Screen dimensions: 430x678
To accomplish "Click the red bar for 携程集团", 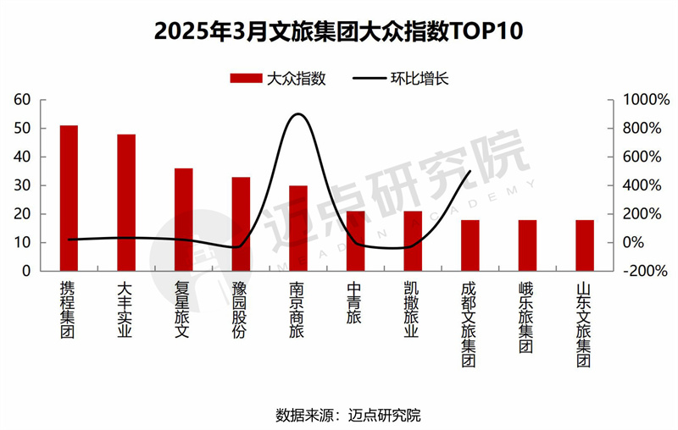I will point(69,198).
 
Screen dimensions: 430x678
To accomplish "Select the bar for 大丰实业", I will point(126,202).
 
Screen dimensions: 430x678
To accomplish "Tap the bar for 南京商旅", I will point(298,228).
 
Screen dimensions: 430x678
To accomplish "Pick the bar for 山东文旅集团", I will point(585,245).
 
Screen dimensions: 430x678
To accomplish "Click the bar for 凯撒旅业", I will point(413,240).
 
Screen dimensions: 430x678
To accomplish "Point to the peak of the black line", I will point(298,113).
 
